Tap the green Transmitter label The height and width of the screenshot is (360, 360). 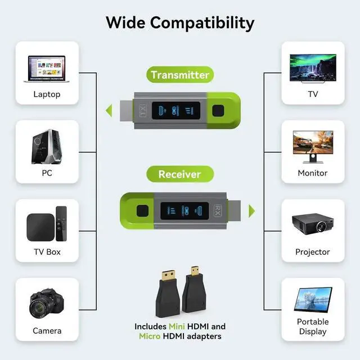click(180, 75)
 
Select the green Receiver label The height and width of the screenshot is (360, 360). click(179, 174)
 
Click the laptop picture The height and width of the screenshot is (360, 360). click(46, 69)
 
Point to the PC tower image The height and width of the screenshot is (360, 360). click(46, 146)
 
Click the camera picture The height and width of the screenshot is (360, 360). click(45, 305)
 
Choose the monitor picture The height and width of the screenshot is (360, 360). click(313, 147)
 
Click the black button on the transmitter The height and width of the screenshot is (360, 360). click(219, 110)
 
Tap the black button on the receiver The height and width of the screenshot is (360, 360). click(142, 211)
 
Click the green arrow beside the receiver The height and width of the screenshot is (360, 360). click(251, 210)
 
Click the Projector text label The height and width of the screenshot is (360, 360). click(313, 252)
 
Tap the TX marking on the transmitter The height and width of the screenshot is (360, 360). click(142, 110)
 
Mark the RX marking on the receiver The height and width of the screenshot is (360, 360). click(219, 211)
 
